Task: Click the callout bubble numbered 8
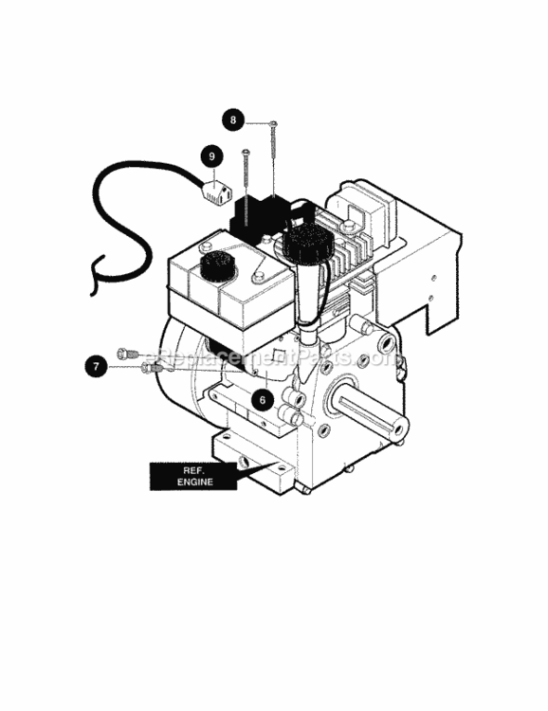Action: [232, 120]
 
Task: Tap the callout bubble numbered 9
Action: [211, 156]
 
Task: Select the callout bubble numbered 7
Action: [96, 366]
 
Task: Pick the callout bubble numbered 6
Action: [263, 400]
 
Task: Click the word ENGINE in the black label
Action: [195, 482]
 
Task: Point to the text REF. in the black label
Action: [193, 470]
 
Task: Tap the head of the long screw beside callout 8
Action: [274, 123]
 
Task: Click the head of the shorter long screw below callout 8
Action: [246, 151]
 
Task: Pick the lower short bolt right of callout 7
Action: [152, 368]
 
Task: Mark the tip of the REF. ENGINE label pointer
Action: [278, 461]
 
